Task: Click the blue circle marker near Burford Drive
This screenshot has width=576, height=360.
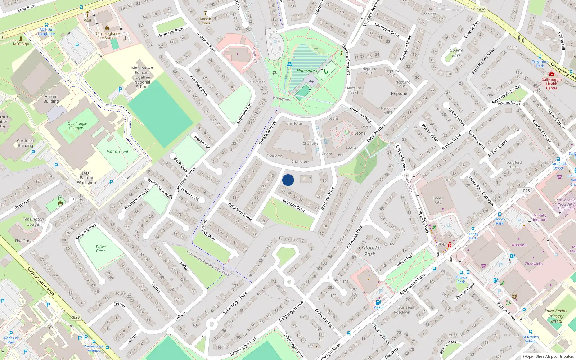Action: point(288,180)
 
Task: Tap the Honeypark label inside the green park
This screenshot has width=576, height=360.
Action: point(307,71)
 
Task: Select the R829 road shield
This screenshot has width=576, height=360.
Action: point(481,10)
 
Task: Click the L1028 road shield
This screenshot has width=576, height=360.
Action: point(524,190)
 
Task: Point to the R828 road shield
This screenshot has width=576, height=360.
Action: point(75,317)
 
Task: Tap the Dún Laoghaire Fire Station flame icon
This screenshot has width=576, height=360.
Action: point(107,28)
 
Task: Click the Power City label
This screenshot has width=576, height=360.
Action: point(438,200)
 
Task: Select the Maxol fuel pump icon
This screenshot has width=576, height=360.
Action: point(378,302)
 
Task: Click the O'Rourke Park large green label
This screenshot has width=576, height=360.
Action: point(370,251)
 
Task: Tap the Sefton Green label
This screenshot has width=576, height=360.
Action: point(101,249)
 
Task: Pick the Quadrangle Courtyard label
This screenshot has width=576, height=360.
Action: point(77,126)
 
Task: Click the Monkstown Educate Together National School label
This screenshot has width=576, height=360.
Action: point(142,77)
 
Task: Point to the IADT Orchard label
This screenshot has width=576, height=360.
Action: point(117,152)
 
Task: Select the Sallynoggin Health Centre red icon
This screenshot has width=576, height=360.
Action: point(552,74)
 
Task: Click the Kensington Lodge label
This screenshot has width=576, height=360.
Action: point(33,221)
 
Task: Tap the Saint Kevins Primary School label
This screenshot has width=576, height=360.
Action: point(556,316)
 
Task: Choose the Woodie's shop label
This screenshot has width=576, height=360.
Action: point(519,245)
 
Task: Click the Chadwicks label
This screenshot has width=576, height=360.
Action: point(534,264)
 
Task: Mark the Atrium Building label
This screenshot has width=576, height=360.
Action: point(51,99)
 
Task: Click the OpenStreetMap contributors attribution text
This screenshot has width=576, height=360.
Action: point(549,356)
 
